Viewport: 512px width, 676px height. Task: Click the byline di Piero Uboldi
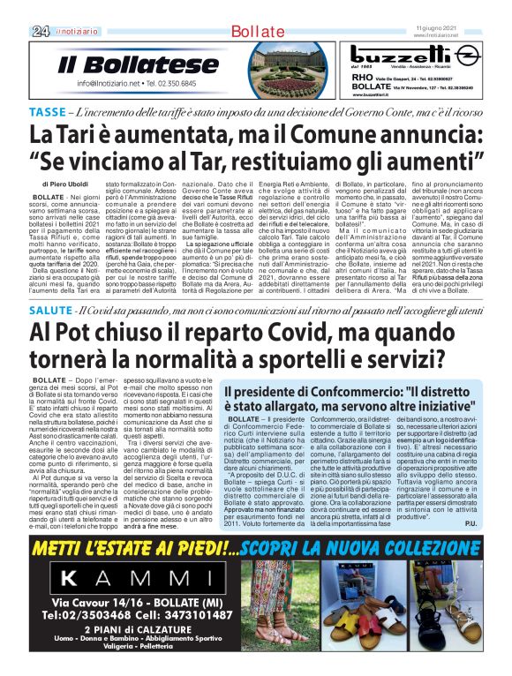(67, 184)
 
